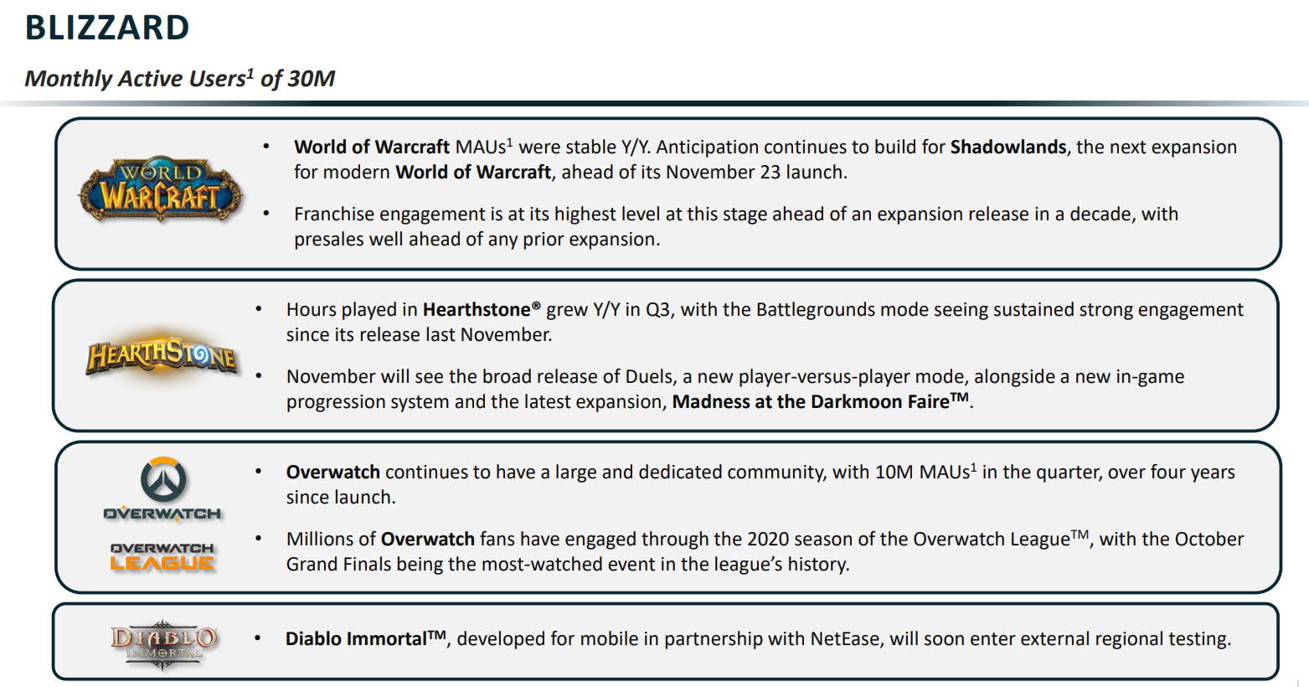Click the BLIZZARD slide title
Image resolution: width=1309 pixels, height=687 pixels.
[x=107, y=28]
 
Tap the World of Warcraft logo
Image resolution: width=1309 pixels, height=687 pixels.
[x=161, y=190]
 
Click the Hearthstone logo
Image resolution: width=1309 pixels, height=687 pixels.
[x=162, y=355]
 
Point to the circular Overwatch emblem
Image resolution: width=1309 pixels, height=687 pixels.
[x=163, y=479]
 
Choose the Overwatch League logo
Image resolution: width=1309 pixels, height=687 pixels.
[x=162, y=557]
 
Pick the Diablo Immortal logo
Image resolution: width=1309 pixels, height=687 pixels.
[x=163, y=643]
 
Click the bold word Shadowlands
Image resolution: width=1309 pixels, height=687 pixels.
[x=1008, y=147]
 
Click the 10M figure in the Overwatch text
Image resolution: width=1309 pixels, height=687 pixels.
[x=894, y=473]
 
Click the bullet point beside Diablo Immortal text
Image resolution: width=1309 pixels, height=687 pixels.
[x=258, y=638]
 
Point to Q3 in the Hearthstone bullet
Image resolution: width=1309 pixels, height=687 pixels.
[x=657, y=310]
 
